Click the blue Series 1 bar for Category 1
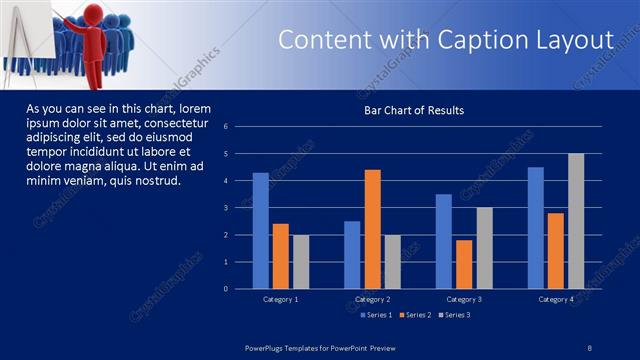pyautogui.click(x=260, y=230)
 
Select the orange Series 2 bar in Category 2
pyautogui.click(x=372, y=229)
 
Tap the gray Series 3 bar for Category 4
pyautogui.click(x=576, y=221)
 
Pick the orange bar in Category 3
pyautogui.click(x=464, y=264)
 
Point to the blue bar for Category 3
pyautogui.click(x=444, y=241)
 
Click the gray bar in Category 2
pyautogui.click(x=392, y=262)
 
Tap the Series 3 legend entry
pyautogui.click(x=457, y=316)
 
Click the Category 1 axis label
pyautogui.click(x=280, y=299)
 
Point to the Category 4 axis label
pyautogui.click(x=557, y=299)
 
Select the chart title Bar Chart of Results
pyautogui.click(x=414, y=110)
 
